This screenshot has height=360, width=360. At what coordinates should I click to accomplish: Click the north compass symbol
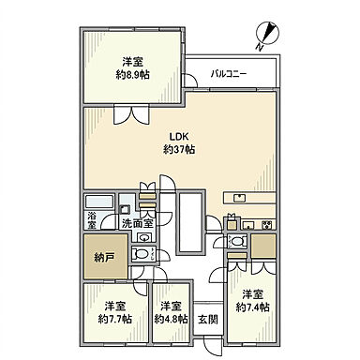pos(267,34)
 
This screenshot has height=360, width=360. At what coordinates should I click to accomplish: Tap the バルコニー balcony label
pos(229,74)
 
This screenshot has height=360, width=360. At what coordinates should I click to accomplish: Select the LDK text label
pos(179,137)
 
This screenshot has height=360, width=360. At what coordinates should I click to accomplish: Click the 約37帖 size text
pos(179,149)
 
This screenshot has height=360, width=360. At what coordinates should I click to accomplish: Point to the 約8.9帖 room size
pos(132,74)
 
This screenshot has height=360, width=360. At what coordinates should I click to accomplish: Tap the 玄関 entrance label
pos(208,320)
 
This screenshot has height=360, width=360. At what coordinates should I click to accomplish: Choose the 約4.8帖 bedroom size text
pos(171,319)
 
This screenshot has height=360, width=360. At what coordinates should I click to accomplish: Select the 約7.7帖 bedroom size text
pos(114,319)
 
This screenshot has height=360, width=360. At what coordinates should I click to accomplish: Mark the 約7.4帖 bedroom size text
pos(252,307)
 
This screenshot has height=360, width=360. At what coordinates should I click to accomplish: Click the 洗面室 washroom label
pos(137,224)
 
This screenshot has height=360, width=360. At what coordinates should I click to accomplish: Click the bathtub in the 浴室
pos(99,202)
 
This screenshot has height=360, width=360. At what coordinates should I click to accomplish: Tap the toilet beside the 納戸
pos(141,253)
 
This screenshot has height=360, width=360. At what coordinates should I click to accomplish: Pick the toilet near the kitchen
pos(237,241)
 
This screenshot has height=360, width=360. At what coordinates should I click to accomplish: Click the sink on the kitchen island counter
pos(240,198)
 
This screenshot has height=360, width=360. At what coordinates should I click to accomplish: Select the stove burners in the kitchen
pos(268,224)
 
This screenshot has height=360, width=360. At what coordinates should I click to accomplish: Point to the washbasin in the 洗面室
pos(144,238)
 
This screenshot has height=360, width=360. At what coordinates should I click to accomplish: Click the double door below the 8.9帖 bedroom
pos(131,115)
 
